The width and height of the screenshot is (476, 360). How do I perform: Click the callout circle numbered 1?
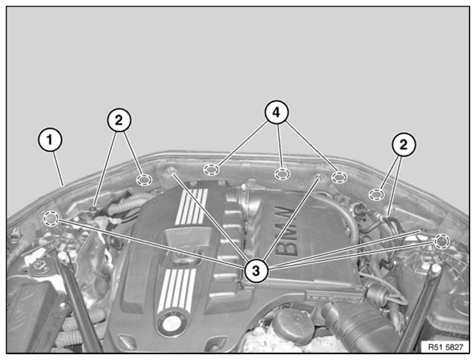50,140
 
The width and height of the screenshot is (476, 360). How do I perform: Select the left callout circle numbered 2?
119,120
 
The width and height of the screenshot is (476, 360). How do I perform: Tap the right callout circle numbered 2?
403,144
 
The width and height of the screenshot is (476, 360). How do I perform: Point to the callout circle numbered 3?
256,270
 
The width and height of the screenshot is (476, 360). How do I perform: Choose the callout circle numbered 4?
276,112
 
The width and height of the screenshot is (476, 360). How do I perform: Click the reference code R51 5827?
445,347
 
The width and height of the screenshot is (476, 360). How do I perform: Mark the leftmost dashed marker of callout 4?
211,169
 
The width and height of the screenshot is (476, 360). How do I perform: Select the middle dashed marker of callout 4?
282,174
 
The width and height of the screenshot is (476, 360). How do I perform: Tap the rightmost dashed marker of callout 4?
339,177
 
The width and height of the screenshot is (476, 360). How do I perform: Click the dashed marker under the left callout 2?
144,180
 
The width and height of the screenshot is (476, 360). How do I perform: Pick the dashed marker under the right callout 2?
376,194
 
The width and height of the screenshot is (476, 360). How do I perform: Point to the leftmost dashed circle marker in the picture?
51,218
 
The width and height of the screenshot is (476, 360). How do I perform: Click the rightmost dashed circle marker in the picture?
442,241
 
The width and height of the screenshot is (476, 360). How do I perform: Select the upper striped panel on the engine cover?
191,207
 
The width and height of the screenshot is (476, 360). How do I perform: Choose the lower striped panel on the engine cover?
177,290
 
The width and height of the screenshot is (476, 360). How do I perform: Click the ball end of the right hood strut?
436,268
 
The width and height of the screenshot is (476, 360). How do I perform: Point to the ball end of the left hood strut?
63,257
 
